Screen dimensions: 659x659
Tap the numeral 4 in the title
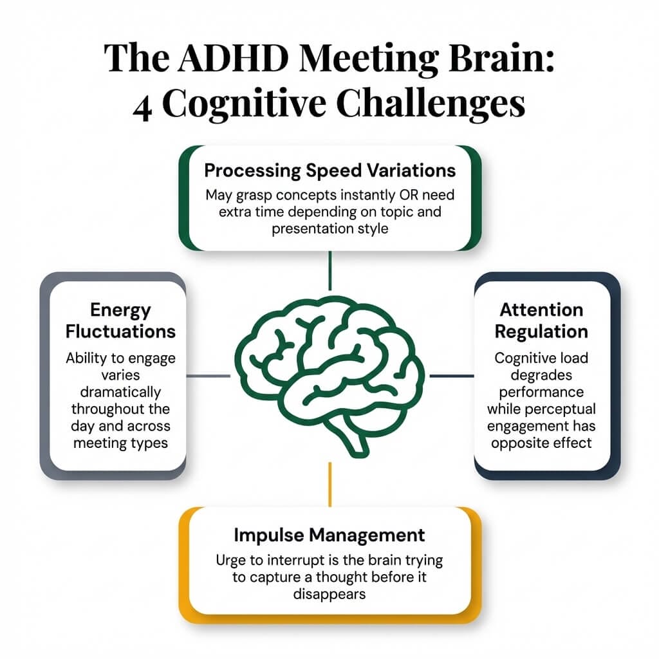142,105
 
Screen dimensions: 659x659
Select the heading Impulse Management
329,534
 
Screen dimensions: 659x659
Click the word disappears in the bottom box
329,593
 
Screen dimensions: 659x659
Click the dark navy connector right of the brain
451,376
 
